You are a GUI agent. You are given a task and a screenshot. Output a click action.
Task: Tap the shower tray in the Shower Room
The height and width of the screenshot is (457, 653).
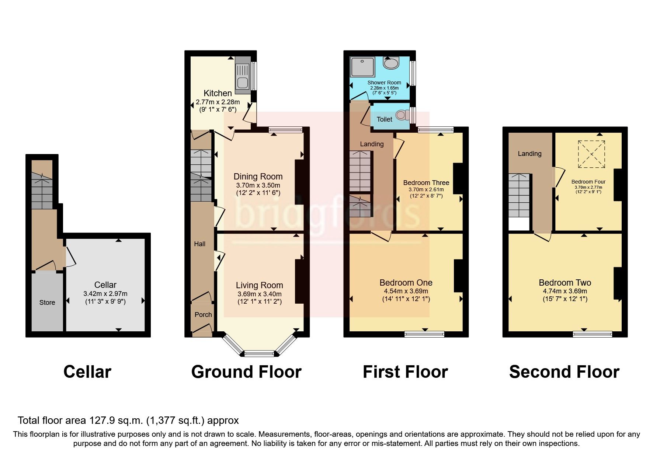click(362, 67)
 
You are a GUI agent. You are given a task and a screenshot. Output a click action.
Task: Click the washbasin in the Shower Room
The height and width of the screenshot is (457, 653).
click(391, 63)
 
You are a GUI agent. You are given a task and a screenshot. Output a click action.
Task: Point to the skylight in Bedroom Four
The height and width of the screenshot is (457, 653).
click(591, 154)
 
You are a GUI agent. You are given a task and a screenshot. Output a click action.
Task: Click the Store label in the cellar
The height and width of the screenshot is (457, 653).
click(47, 303)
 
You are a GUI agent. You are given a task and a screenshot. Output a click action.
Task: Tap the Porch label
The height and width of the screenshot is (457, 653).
click(203, 315)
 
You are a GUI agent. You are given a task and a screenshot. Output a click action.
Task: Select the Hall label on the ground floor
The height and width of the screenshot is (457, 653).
click(199, 244)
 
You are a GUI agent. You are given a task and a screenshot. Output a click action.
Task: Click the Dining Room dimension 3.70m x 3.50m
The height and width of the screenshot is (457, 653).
click(258, 185)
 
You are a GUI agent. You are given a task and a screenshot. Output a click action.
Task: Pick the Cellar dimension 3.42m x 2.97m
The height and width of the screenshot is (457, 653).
click(105, 294)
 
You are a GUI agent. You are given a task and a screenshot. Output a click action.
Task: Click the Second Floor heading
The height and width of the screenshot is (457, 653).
click(564, 372)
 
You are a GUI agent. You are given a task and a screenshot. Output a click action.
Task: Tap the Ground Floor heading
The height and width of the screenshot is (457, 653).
click(246, 372)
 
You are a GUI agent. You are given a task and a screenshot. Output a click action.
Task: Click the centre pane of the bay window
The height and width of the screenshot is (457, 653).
click(259, 354)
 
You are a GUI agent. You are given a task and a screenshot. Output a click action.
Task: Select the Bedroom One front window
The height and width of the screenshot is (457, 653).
click(424, 334)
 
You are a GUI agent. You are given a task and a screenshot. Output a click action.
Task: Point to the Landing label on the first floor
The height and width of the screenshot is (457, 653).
click(372, 144)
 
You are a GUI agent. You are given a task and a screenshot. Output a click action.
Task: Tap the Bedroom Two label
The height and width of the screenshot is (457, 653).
click(565, 283)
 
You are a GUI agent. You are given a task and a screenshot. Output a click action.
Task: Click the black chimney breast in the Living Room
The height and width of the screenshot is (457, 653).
click(299, 282)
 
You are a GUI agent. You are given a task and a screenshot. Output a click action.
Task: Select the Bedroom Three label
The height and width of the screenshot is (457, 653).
click(426, 183)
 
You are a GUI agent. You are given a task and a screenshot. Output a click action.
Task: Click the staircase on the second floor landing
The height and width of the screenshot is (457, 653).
click(519, 195)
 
